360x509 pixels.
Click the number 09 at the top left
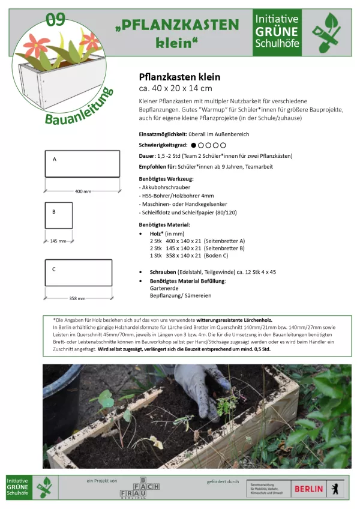tap(55, 19)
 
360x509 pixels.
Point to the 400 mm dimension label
tap(83, 191)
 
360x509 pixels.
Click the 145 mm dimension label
tap(58, 241)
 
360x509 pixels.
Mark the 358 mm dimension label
tap(77, 298)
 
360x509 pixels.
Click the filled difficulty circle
tap(194, 145)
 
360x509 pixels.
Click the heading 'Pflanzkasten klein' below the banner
tap(179, 77)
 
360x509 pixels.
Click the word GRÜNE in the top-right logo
tap(277, 31)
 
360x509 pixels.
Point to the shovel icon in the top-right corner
tap(329, 33)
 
